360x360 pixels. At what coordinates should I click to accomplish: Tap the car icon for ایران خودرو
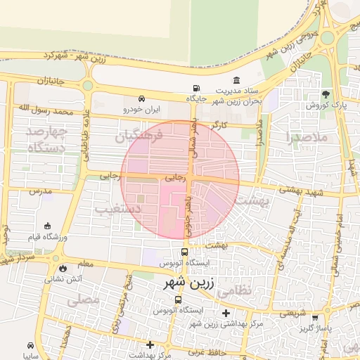pos(143,99)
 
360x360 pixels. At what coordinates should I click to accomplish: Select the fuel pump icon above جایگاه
pos(195,89)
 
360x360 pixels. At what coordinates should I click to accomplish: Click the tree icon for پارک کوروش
pos(325,94)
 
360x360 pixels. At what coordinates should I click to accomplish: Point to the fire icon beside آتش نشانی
pos(64,268)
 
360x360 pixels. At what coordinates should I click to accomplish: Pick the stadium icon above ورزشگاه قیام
pos(47,226)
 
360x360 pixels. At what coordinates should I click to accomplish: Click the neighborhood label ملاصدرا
pos(308,137)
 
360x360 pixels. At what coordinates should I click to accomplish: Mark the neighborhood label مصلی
pos(84,300)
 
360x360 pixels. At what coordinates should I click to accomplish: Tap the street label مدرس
pos(41,191)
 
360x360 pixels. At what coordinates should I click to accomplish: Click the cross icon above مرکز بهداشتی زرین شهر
pos(225,313)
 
